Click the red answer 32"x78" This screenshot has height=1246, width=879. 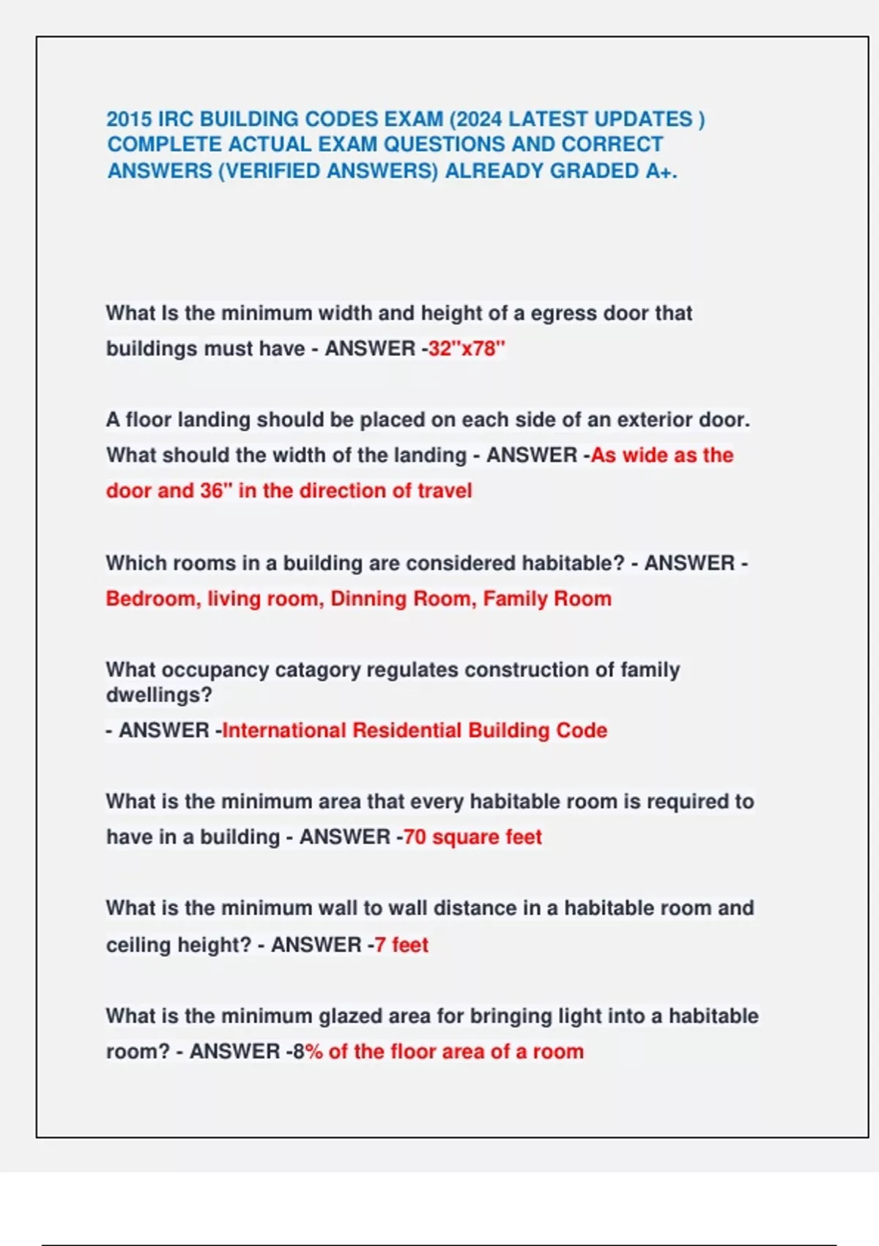pos(467,348)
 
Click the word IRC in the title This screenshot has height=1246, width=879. pos(176,119)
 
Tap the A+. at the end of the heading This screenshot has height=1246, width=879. pos(661,171)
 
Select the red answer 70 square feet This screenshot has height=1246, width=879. pos(472,837)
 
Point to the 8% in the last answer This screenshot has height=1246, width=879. pos(308,1052)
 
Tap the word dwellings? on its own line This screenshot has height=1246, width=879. pos(159,695)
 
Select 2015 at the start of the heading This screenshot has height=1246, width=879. pos(129,119)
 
